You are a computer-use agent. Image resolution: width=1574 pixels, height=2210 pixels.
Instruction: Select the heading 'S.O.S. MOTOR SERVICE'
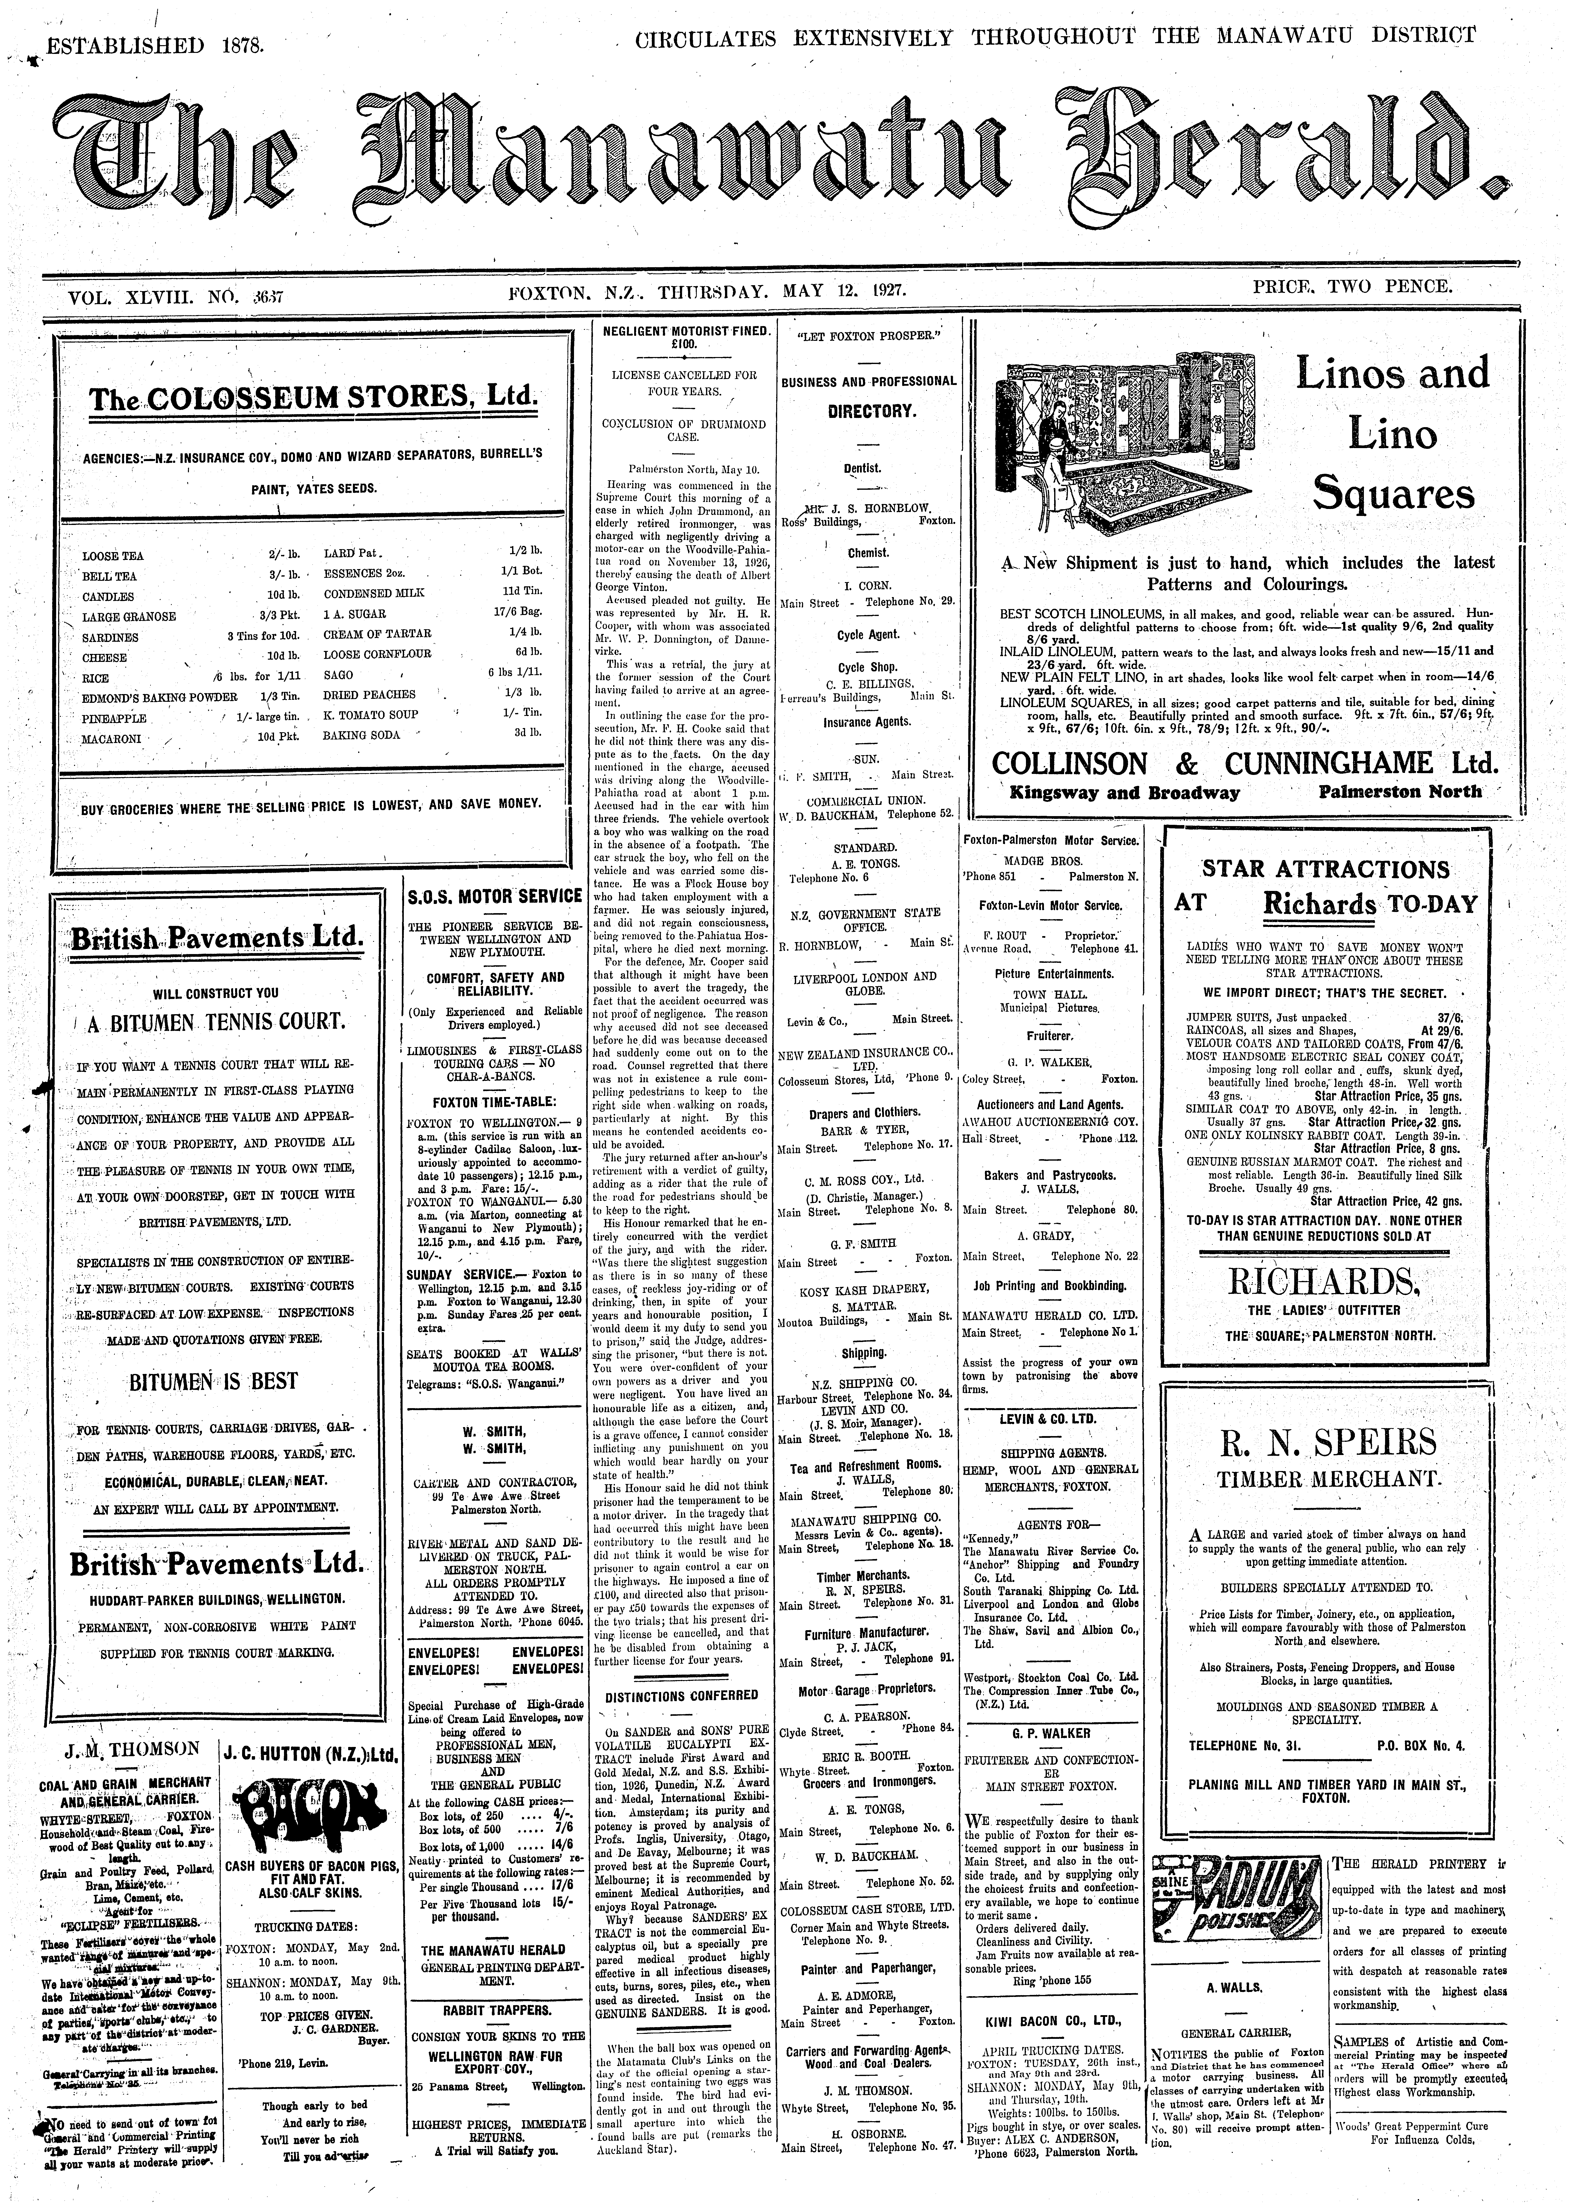(x=494, y=896)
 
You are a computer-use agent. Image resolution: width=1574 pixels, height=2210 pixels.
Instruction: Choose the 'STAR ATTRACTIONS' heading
(x=1325, y=869)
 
